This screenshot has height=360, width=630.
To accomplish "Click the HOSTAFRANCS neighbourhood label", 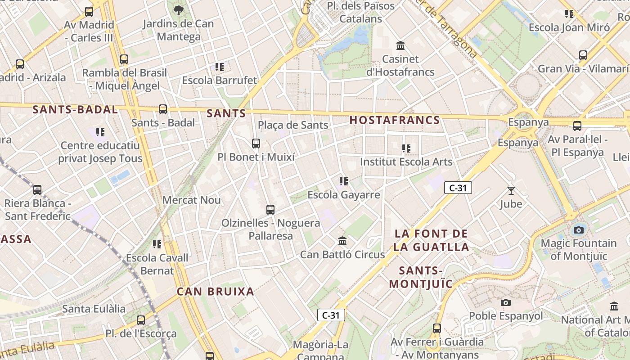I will coord(395,120).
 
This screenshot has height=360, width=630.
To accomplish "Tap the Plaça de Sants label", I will coord(293,125).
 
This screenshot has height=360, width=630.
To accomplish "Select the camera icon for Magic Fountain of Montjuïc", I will coord(579,230).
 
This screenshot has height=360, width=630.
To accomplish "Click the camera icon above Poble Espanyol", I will coord(506,303).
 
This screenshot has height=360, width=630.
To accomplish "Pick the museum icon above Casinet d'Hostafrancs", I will coord(400,46).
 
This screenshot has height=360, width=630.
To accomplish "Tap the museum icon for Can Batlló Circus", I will coord(342,241).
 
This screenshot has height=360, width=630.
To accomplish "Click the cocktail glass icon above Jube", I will coord(511,191).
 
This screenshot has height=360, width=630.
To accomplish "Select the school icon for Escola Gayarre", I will coord(344,181).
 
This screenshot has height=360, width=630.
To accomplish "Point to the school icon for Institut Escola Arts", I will coord(406,148).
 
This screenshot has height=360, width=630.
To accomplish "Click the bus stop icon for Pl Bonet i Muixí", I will coord(256,144).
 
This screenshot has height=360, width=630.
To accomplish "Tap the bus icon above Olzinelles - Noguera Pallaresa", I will coord(270,209).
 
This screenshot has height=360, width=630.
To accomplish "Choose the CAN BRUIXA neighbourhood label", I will coord(216,292).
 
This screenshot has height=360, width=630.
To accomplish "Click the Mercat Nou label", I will coord(191,200).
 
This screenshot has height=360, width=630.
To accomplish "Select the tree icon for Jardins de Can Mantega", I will coord(178,10).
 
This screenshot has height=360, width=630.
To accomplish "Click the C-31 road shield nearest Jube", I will coord(458,188).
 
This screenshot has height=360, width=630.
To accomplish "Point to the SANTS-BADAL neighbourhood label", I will coord(75,109).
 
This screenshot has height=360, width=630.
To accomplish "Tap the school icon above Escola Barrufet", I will coord(220,67).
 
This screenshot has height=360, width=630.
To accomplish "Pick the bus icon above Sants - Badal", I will coord(163,109).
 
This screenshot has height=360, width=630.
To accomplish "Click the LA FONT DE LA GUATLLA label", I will coord(431,240).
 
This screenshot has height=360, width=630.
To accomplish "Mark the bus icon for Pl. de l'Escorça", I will coord(141,320).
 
